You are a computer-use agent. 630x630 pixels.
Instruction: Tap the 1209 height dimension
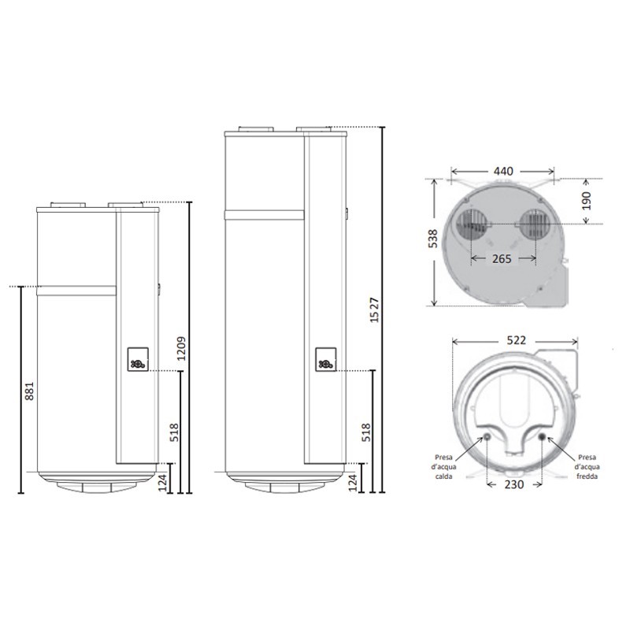click(181, 347)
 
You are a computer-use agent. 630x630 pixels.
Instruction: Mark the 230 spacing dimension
click(516, 484)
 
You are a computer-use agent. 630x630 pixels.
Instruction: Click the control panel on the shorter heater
click(138, 359)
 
